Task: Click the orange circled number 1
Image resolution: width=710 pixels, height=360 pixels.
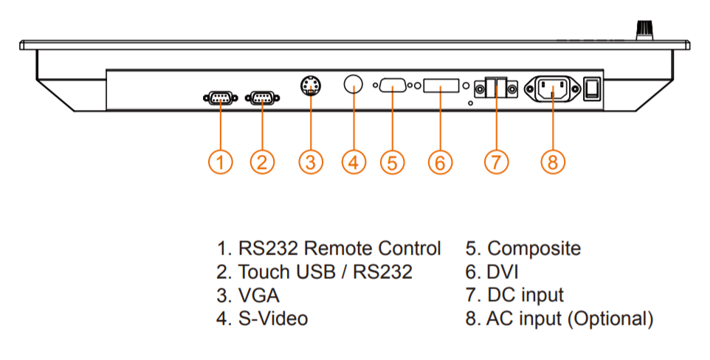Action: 220,162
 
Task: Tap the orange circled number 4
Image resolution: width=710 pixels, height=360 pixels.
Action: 354,162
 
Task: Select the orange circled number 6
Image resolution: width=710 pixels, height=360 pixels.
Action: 440,162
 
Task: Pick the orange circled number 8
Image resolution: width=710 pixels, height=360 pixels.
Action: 553,162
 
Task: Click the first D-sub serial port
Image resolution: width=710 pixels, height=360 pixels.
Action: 219,97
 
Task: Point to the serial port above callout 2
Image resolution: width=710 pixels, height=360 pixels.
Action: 261,97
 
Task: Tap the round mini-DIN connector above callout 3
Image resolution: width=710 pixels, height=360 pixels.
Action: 311,86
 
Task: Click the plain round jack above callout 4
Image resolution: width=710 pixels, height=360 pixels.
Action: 354,84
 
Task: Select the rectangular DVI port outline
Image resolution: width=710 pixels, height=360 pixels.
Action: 441,86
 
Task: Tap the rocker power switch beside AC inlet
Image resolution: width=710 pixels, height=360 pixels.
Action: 592,89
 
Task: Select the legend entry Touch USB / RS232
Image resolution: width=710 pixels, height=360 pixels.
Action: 325,271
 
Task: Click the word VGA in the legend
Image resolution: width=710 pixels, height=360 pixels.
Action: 259,295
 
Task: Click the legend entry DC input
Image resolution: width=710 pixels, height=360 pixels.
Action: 525,295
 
